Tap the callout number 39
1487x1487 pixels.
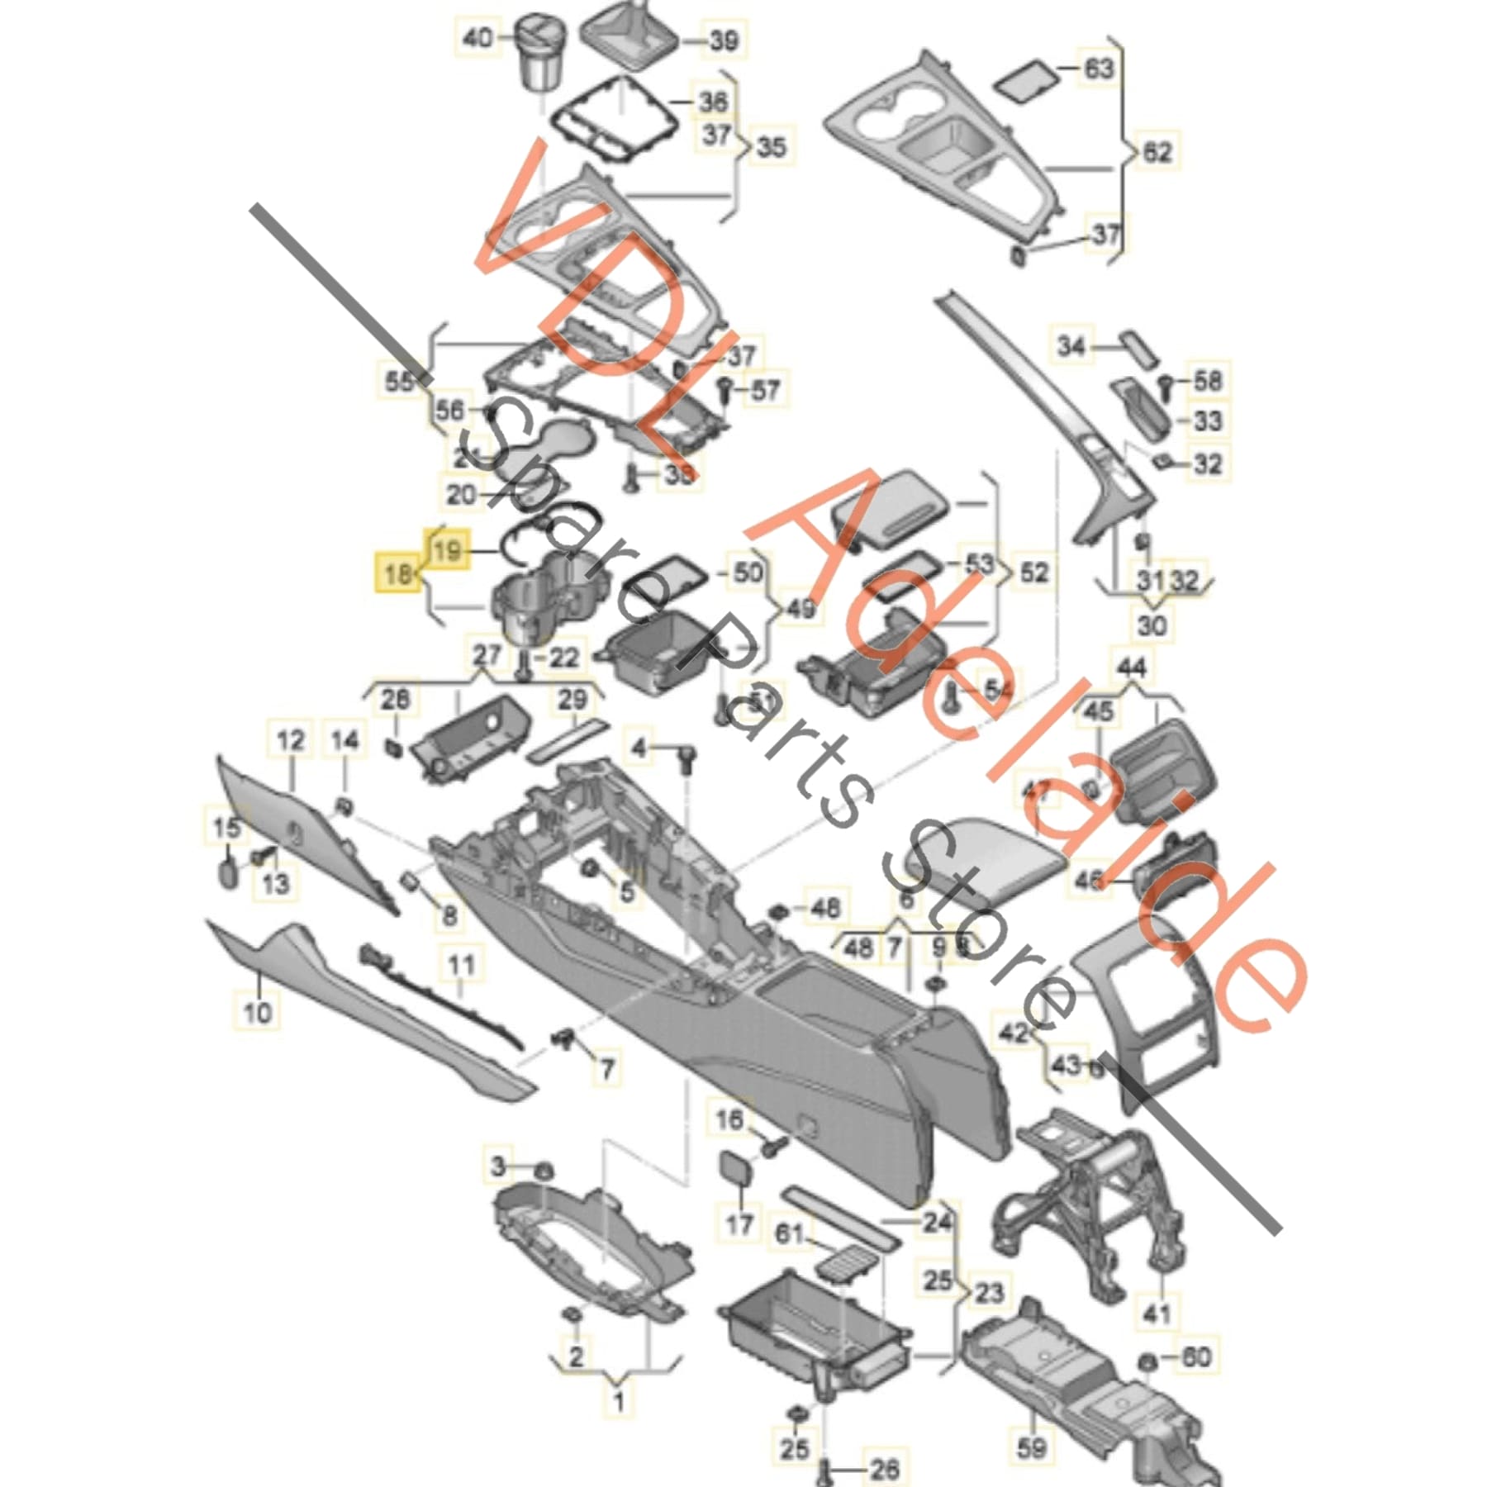pyautogui.click(x=724, y=40)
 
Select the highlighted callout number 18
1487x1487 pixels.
pyautogui.click(x=398, y=572)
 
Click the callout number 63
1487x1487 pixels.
pyautogui.click(x=1098, y=69)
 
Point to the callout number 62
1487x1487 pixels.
pyautogui.click(x=1156, y=152)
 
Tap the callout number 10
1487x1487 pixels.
pyautogui.click(x=258, y=1010)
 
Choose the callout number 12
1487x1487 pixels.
pyautogui.click(x=291, y=740)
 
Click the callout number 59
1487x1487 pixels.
pyautogui.click(x=1032, y=1447)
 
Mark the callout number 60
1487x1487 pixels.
pyautogui.click(x=1195, y=1356)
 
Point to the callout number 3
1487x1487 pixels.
pyautogui.click(x=497, y=1166)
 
